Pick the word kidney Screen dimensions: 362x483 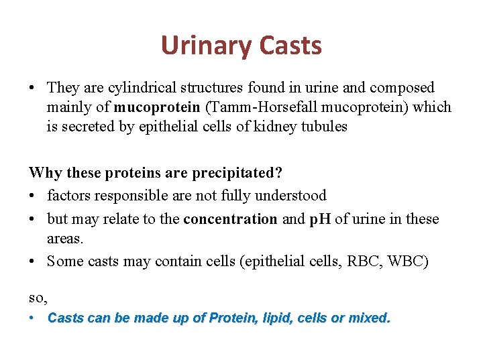click(x=268, y=127)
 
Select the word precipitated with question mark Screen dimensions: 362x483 click(x=237, y=172)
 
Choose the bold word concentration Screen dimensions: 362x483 click(x=230, y=219)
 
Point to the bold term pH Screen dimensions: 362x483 click(x=319, y=219)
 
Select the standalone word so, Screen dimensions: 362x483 click(x=38, y=296)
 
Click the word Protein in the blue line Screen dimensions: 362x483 click(x=232, y=318)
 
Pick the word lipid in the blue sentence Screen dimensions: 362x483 click(x=276, y=318)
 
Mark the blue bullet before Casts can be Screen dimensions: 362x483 click(x=32, y=318)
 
